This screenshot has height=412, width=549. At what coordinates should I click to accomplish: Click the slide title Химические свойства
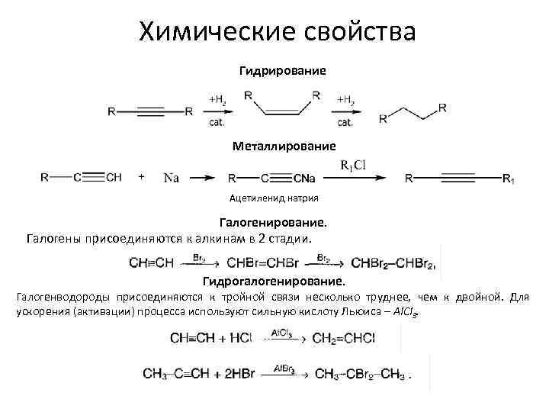click(x=278, y=32)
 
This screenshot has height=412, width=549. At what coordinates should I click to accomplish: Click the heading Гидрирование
click(x=282, y=70)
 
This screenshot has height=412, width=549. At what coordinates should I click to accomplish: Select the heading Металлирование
click(x=284, y=144)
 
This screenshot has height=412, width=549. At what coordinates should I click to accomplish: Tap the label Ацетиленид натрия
click(x=274, y=198)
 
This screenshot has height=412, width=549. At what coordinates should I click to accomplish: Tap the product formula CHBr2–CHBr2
click(x=393, y=264)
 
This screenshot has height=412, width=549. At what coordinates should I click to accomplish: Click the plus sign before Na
click(x=142, y=177)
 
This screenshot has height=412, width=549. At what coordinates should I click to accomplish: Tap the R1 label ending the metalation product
click(x=509, y=179)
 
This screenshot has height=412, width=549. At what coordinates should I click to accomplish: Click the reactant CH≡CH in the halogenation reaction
click(x=152, y=264)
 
